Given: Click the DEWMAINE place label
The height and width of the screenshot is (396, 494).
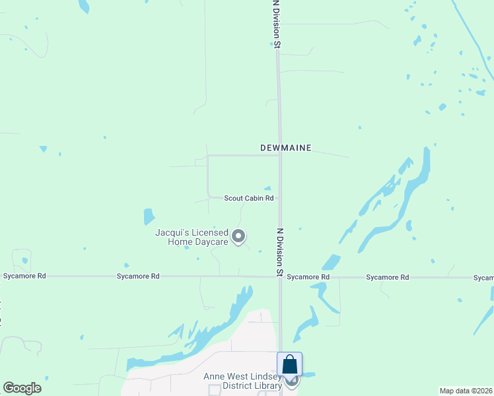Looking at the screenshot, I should click(285, 148).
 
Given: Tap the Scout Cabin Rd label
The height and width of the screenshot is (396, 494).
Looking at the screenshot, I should click(248, 198).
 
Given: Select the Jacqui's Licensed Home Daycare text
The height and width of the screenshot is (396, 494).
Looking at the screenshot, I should click(192, 237).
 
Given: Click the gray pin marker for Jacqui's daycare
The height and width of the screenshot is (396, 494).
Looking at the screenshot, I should click(239, 236).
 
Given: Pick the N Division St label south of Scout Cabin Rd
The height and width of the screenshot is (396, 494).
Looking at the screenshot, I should click(280, 252).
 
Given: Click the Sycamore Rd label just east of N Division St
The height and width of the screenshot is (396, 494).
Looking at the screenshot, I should click(308, 277).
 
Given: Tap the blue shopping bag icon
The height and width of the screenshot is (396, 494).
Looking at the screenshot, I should click(290, 364).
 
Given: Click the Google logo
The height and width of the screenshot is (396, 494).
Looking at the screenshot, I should click(22, 388).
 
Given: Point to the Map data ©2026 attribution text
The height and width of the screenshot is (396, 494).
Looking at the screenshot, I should click(466, 391).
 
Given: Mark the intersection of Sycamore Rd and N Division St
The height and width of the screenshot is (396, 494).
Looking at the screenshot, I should click(281, 277).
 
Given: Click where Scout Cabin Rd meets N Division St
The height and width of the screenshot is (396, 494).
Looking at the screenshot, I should click(280, 197).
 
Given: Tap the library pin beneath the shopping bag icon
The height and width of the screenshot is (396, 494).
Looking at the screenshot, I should click(291, 381).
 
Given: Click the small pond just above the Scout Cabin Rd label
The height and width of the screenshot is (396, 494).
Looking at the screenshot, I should click(267, 188).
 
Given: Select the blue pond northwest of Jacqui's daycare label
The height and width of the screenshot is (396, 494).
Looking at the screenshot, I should click(149, 216).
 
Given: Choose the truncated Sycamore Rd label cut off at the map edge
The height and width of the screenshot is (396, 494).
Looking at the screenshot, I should click(483, 278).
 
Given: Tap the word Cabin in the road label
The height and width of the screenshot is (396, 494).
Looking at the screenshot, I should click(254, 198).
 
